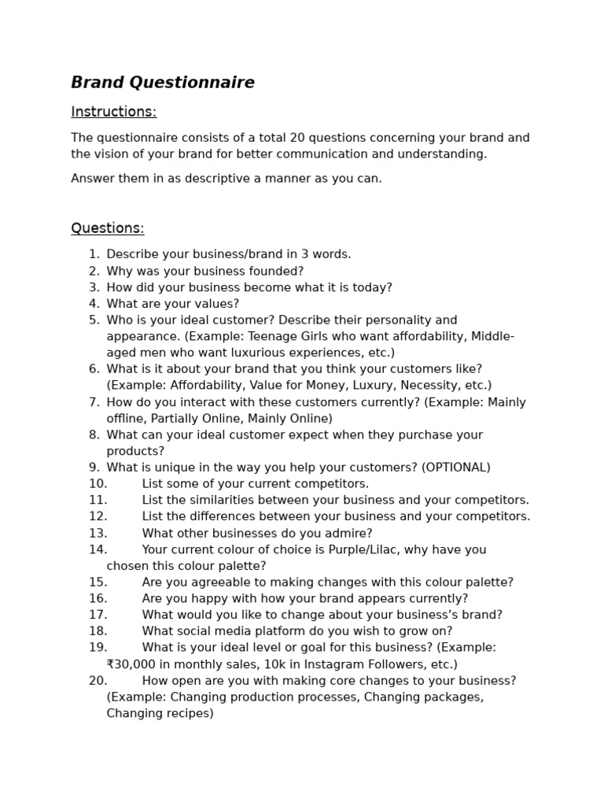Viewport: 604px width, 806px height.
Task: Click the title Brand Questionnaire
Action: click(163, 83)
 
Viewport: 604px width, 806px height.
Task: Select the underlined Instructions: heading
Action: click(113, 112)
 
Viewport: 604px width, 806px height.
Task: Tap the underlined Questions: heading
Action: click(107, 228)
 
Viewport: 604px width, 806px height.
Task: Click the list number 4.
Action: click(94, 304)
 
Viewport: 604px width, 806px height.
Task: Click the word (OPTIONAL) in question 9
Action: click(455, 468)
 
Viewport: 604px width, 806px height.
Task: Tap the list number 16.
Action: click(98, 599)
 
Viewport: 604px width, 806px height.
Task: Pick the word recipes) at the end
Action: click(188, 714)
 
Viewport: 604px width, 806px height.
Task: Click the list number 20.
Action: click(98, 681)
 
